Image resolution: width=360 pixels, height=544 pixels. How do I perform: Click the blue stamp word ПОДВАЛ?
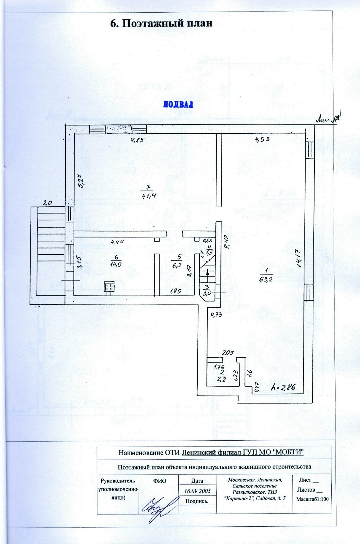178,104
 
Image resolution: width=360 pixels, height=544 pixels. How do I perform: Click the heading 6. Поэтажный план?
161,23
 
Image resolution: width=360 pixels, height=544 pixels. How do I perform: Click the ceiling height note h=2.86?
283,387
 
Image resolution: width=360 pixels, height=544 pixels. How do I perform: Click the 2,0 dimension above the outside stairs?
47,203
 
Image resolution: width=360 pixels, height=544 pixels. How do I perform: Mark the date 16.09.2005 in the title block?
197,491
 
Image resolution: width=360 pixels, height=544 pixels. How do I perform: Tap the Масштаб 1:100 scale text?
312,499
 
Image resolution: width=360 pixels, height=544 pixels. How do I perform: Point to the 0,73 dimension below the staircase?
216,314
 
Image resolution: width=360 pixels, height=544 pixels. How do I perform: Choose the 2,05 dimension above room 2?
227,353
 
